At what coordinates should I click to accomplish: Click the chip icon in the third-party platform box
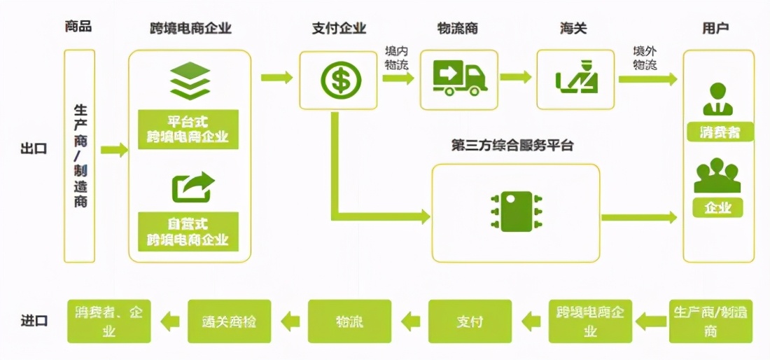point(517,210)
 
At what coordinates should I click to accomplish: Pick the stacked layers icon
point(190,81)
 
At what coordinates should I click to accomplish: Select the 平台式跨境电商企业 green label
point(188,129)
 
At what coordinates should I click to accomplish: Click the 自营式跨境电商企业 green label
point(188,232)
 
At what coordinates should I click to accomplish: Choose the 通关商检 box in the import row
point(229,321)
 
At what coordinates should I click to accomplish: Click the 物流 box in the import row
point(349,321)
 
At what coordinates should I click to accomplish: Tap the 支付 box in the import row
point(470,321)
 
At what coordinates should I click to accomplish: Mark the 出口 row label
point(34,148)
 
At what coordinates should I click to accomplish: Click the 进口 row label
point(34,321)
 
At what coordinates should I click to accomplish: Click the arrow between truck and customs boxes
point(516,77)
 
